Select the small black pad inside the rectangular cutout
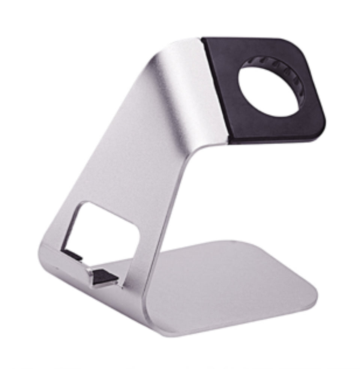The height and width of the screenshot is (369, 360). pos(72,255)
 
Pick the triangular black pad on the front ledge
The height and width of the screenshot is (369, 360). pos(105,277)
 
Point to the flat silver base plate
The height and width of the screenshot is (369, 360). pos(225,285)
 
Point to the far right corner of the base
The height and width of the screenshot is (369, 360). pos(313,296)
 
